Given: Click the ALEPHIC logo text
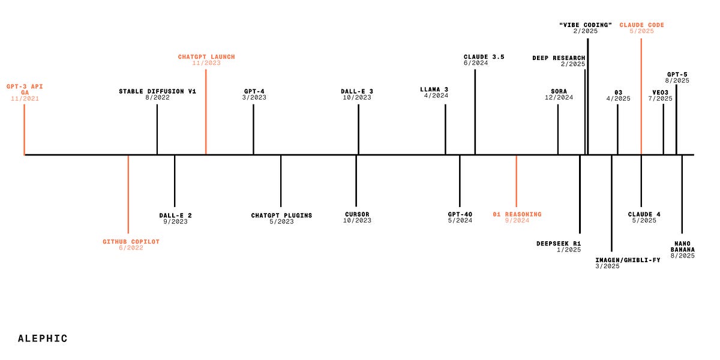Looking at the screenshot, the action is [43, 338].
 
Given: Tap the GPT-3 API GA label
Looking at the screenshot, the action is [25, 89].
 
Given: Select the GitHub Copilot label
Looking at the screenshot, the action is [131, 242].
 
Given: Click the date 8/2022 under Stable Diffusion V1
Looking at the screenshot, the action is [157, 97].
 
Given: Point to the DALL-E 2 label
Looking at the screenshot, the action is [175, 215].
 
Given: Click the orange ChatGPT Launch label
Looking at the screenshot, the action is [206, 57].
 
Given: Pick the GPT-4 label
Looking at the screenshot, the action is [254, 91].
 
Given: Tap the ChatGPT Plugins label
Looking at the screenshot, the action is [281, 215].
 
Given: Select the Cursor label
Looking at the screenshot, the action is [357, 214].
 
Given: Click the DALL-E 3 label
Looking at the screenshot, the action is [357, 91].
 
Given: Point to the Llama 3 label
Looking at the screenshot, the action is [434, 89].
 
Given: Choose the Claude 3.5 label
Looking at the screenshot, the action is [484, 57].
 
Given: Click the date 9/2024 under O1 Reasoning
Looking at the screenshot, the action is [517, 221].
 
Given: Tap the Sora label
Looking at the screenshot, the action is [559, 91].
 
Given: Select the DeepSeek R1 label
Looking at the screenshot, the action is [559, 244].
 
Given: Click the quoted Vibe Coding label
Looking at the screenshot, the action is [586, 25].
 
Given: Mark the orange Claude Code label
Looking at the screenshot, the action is [642, 25].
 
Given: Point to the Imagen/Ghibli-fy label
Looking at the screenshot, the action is [628, 260].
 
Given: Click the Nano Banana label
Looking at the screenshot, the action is [683, 247].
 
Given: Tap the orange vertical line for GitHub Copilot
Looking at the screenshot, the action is [128, 194].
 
